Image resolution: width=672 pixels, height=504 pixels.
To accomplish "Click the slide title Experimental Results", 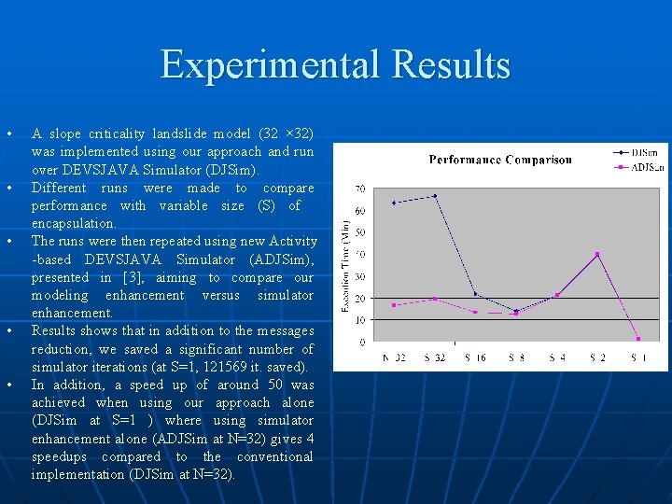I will click(x=336, y=65).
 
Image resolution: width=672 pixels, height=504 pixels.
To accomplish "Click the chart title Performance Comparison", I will click(x=500, y=160).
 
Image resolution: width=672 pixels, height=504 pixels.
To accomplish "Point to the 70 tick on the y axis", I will click(x=360, y=189).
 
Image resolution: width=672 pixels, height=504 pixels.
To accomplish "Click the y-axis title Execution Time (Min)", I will click(x=346, y=267).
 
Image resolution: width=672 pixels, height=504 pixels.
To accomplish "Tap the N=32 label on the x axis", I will click(x=394, y=357).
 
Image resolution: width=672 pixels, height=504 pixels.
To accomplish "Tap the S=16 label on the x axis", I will click(x=475, y=357).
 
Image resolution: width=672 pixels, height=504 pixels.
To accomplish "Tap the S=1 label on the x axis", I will click(x=638, y=357).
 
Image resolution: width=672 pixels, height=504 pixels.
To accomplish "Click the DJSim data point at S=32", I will click(x=434, y=196).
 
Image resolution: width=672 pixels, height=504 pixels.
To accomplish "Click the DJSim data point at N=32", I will click(x=394, y=203).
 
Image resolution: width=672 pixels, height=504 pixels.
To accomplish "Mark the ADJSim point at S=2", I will click(x=597, y=254).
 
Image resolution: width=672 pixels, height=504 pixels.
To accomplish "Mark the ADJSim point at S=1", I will click(x=638, y=338).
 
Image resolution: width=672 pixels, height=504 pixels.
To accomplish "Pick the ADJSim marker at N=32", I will click(x=394, y=305).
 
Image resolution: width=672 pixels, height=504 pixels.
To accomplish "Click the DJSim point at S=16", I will click(x=475, y=294).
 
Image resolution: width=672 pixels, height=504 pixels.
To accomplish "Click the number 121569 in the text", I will click(x=239, y=367).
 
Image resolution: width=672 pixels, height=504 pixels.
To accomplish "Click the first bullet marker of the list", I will click(x=8, y=133).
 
